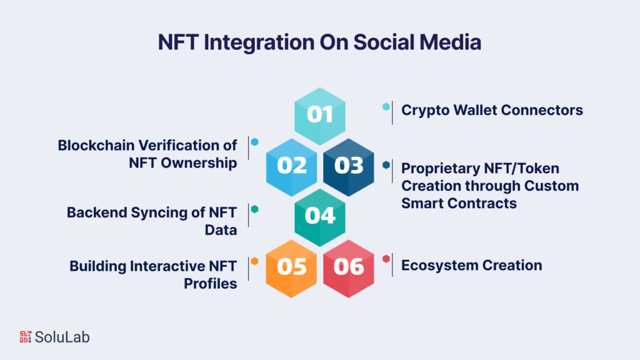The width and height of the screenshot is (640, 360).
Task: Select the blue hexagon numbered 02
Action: point(291,166)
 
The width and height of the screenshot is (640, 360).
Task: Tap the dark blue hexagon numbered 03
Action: point(349,166)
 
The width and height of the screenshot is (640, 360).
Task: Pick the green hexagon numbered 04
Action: point(320,216)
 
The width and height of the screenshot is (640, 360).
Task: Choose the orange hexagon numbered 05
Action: point(291,267)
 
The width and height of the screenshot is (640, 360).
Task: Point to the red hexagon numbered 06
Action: point(349,267)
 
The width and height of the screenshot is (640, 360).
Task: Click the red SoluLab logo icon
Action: point(24,336)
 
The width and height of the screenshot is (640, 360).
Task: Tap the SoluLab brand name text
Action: point(62,337)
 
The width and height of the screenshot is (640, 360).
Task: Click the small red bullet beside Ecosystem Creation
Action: point(386,259)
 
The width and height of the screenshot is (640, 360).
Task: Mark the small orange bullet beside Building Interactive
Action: point(254,260)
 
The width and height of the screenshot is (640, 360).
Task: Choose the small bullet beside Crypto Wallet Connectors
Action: point(386,107)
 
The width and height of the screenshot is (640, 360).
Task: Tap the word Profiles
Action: point(211,283)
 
